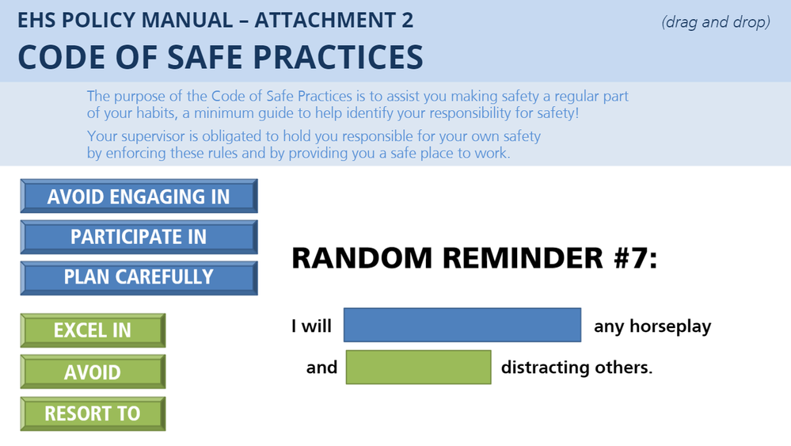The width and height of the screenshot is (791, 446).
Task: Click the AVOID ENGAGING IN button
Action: (x=139, y=196)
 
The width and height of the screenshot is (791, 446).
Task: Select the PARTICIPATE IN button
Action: (x=139, y=237)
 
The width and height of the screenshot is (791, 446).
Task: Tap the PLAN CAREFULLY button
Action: (x=139, y=277)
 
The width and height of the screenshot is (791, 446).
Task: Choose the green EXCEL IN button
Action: (x=93, y=330)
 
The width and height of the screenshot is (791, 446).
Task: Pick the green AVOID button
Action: (x=93, y=372)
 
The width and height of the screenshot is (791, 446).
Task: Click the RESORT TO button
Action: (x=93, y=414)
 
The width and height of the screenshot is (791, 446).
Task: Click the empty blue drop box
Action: (x=462, y=325)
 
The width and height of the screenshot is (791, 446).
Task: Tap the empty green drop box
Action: (x=418, y=368)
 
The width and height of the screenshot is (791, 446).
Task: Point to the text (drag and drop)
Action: (x=716, y=22)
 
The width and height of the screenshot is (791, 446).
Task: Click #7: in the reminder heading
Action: (x=636, y=257)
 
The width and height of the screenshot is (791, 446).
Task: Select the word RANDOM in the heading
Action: (x=362, y=257)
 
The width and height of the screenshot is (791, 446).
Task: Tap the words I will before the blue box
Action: (x=311, y=326)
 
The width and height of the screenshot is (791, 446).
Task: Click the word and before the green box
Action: (x=321, y=368)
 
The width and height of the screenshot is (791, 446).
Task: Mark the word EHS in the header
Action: (x=36, y=20)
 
